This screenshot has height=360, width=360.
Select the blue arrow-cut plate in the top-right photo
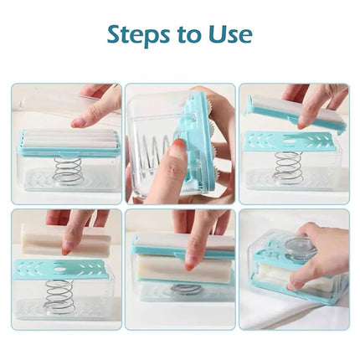(x=289, y=141)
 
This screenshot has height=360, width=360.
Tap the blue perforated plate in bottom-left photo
(x=63, y=268)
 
